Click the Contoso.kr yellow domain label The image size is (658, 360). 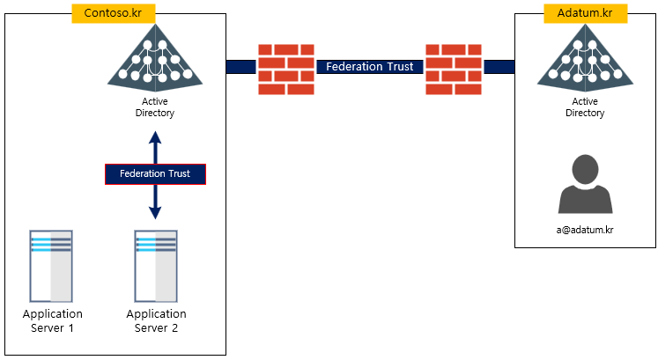[x=114, y=13]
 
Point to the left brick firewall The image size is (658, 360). [x=286, y=69]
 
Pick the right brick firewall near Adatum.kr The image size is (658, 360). [x=454, y=69]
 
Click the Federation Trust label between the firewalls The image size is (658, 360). [x=370, y=67]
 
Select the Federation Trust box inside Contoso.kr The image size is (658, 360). [x=155, y=173]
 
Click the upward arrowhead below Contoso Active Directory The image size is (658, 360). [x=155, y=138]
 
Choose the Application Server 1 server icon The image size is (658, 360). [x=51, y=266]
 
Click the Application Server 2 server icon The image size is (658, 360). [x=156, y=266]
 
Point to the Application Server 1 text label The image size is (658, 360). [x=52, y=320]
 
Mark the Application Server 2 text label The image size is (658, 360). [x=156, y=320]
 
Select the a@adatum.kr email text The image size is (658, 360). [x=585, y=230]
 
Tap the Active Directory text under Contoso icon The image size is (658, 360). [x=155, y=107]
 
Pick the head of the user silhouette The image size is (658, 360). [x=585, y=168]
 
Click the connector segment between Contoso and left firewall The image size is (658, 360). [x=240, y=67]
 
